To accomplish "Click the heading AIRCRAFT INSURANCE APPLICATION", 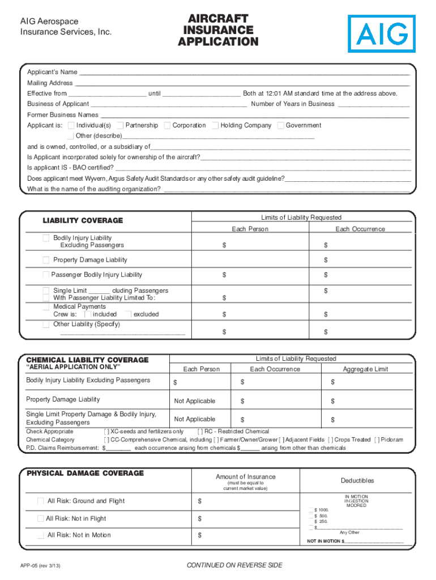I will [x=218, y=30].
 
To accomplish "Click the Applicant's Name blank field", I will [x=243, y=72].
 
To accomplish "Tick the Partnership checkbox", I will [x=120, y=125].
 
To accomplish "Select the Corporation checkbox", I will [x=167, y=125].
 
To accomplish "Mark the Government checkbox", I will [x=281, y=125].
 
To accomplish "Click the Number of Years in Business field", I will [x=373, y=104].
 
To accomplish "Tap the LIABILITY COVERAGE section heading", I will [x=83, y=220].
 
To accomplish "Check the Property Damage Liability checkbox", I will [x=46, y=260].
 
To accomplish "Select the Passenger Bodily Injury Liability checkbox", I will [x=46, y=275].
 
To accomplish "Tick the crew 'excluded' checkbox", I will [x=127, y=314].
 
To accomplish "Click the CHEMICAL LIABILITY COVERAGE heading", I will [x=87, y=360].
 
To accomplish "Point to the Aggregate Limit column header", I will [x=365, y=369].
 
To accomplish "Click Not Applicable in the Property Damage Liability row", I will [x=195, y=401].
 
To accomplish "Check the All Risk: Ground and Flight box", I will [x=40, y=501].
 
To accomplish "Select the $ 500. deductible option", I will [x=311, y=516].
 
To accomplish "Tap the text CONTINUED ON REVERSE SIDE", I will [x=234, y=565].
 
